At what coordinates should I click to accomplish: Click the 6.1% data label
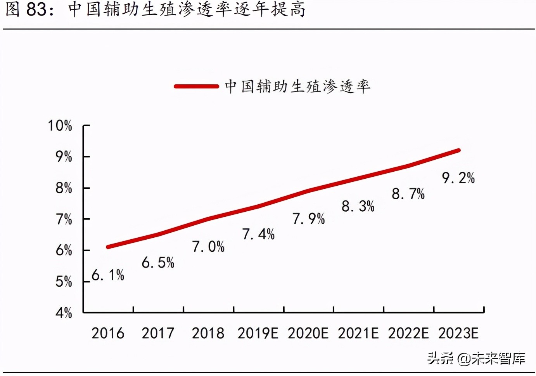[108, 275]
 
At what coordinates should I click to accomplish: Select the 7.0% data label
[208, 247]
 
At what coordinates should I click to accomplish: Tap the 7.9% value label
[309, 219]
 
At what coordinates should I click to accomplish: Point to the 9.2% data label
[458, 178]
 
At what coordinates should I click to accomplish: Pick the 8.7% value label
[408, 194]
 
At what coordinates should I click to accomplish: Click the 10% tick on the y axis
[60, 126]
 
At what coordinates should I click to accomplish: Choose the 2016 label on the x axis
[108, 333]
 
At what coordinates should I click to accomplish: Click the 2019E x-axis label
[258, 333]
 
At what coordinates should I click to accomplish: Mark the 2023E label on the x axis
[458, 333]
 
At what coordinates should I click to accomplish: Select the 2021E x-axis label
[358, 333]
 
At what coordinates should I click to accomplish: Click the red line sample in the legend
[196, 86]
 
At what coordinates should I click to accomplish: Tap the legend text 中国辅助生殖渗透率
[297, 86]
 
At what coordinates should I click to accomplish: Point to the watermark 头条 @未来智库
[476, 358]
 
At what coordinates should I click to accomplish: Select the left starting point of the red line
[108, 247]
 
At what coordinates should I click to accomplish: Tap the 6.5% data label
[158, 263]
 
